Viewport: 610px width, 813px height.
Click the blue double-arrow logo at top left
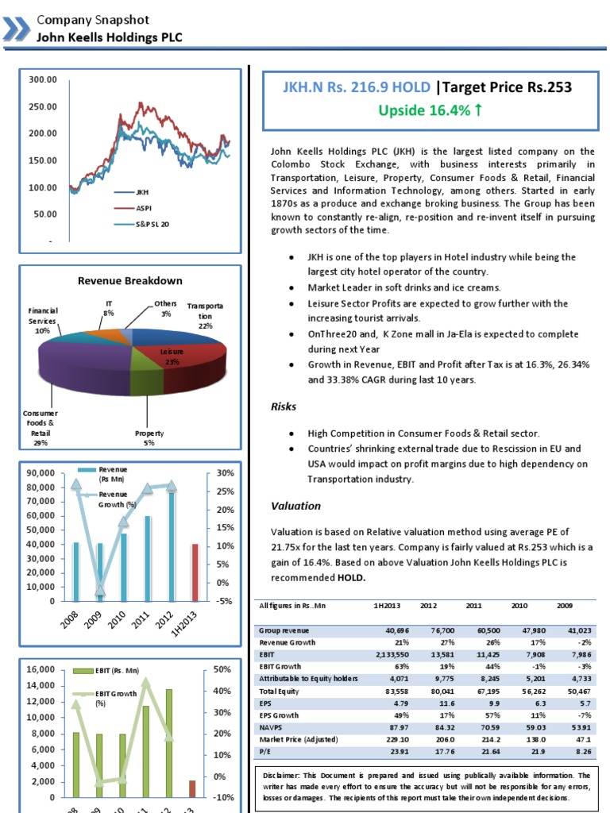coord(14,28)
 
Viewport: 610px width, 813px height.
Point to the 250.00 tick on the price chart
coord(44,106)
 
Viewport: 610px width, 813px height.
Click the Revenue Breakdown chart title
coord(129,280)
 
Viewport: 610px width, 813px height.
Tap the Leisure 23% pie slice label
coord(171,355)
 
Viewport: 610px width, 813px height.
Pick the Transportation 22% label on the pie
coord(205,315)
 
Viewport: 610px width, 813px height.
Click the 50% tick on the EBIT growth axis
coord(223,670)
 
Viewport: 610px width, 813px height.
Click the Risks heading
coord(284,406)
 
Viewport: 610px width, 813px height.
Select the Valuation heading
coord(295,506)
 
